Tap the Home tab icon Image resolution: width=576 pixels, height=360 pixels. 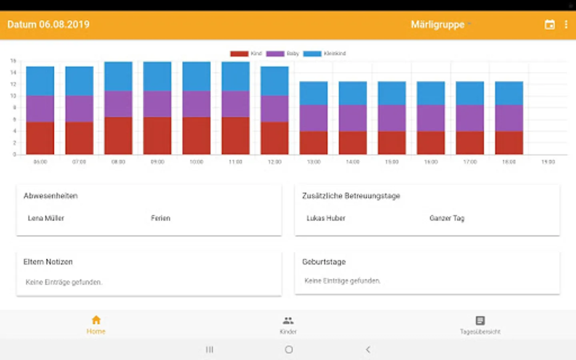click(96, 320)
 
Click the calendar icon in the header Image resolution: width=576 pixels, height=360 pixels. click(550, 25)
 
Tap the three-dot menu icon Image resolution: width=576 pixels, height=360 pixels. click(566, 25)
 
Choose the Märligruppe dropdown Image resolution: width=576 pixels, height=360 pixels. click(440, 25)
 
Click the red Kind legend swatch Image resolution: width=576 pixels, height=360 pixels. click(239, 54)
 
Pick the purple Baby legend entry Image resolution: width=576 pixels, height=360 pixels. click(275, 54)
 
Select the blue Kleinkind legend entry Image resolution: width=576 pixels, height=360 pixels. click(312, 54)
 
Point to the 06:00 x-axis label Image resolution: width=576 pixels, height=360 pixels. click(40, 162)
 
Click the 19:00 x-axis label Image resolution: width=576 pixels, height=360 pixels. click(548, 162)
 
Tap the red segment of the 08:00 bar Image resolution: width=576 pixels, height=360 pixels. click(118, 136)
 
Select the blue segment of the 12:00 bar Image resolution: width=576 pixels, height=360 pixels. click(274, 81)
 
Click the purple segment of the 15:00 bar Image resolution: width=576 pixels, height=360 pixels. click(392, 118)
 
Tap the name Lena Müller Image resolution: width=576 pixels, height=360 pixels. click(46, 218)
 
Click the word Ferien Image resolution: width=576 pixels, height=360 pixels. click(160, 218)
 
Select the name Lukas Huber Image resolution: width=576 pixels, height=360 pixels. click(326, 218)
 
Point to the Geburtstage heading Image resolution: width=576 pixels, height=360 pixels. click(324, 262)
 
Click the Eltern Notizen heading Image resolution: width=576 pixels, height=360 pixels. click(48, 262)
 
